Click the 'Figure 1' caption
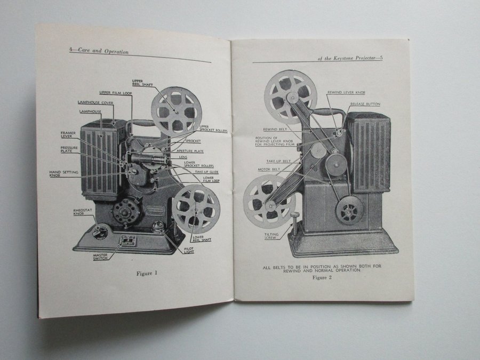148,274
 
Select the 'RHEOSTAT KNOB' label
83,213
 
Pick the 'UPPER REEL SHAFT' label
142,84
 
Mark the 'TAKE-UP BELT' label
278,161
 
